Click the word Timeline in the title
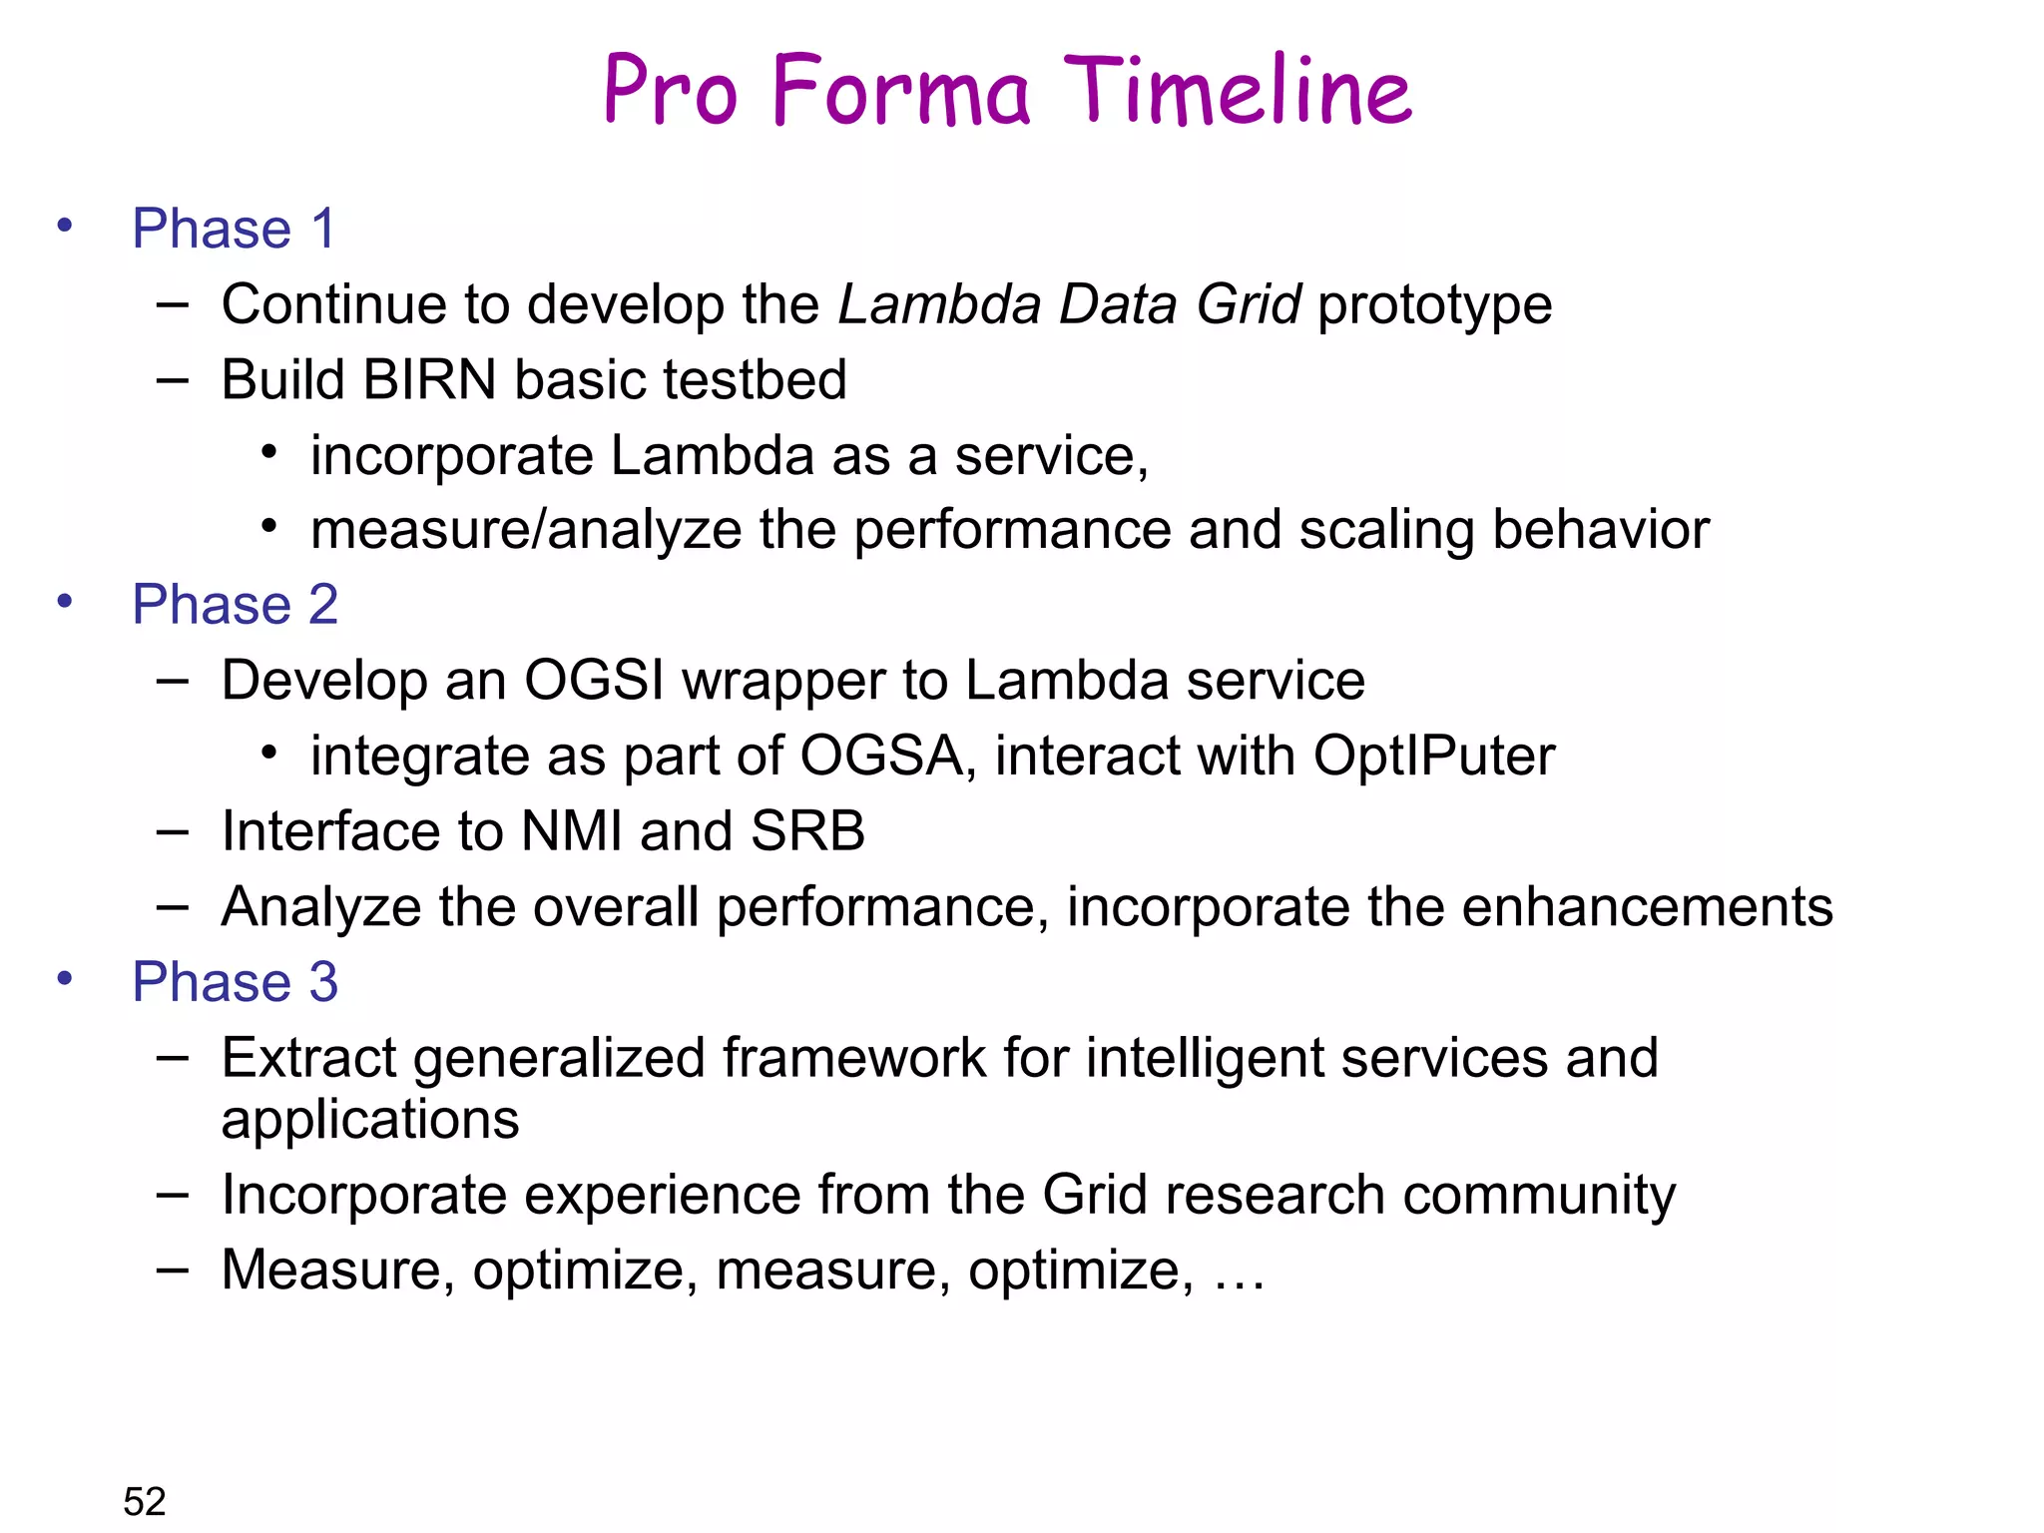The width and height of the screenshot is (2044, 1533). tap(1238, 92)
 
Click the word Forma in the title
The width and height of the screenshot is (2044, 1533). tap(900, 92)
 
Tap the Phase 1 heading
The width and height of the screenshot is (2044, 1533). tap(234, 229)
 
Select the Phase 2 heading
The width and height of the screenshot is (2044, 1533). tap(236, 605)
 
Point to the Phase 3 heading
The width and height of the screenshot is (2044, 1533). tap(236, 982)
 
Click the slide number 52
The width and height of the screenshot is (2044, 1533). tap(145, 1501)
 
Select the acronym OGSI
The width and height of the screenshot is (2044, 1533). tap(595, 681)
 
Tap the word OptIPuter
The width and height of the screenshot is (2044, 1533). tap(1433, 756)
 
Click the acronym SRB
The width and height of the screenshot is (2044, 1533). tap(807, 831)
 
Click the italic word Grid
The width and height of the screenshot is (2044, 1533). tap(1248, 304)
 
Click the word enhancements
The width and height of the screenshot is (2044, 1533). tap(1648, 907)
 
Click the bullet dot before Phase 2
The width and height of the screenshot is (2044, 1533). tap(65, 602)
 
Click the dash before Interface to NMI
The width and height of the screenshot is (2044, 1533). tap(173, 830)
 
